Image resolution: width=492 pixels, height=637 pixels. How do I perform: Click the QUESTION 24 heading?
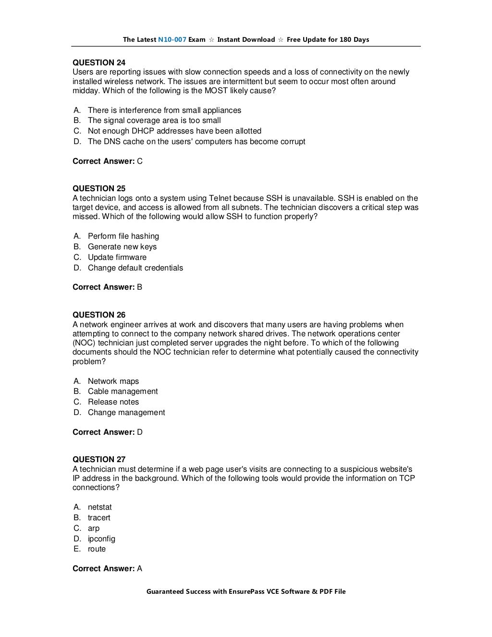click(x=99, y=62)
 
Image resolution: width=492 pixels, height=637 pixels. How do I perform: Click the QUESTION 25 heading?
click(x=99, y=188)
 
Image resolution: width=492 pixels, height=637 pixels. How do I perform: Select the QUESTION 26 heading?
click(x=99, y=315)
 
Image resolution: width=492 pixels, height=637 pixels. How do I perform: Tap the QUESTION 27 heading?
click(x=99, y=459)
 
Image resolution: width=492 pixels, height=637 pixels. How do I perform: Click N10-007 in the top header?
click(x=172, y=40)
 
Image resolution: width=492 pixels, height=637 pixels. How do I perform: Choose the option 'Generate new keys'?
click(x=122, y=247)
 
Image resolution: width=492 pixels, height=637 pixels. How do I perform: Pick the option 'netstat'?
click(x=99, y=507)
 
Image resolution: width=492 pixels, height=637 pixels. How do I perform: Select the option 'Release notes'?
click(x=113, y=402)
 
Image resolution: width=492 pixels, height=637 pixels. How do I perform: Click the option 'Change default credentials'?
click(x=135, y=268)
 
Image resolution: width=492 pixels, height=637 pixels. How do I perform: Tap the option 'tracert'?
click(x=99, y=518)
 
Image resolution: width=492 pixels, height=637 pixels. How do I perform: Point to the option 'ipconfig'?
click(x=101, y=539)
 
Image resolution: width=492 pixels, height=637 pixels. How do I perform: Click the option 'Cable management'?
click(x=123, y=392)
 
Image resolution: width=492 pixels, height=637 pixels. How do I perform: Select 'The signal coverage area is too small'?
click(x=154, y=121)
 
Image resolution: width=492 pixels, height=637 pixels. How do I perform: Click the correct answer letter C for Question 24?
click(x=140, y=161)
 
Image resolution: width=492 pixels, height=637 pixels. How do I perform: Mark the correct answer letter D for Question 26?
click(x=140, y=432)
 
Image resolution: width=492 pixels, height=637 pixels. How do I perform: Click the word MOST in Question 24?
click(x=217, y=91)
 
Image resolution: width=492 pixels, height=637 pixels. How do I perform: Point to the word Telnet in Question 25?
click(x=220, y=198)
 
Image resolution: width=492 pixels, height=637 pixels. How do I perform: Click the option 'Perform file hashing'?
click(x=123, y=236)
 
